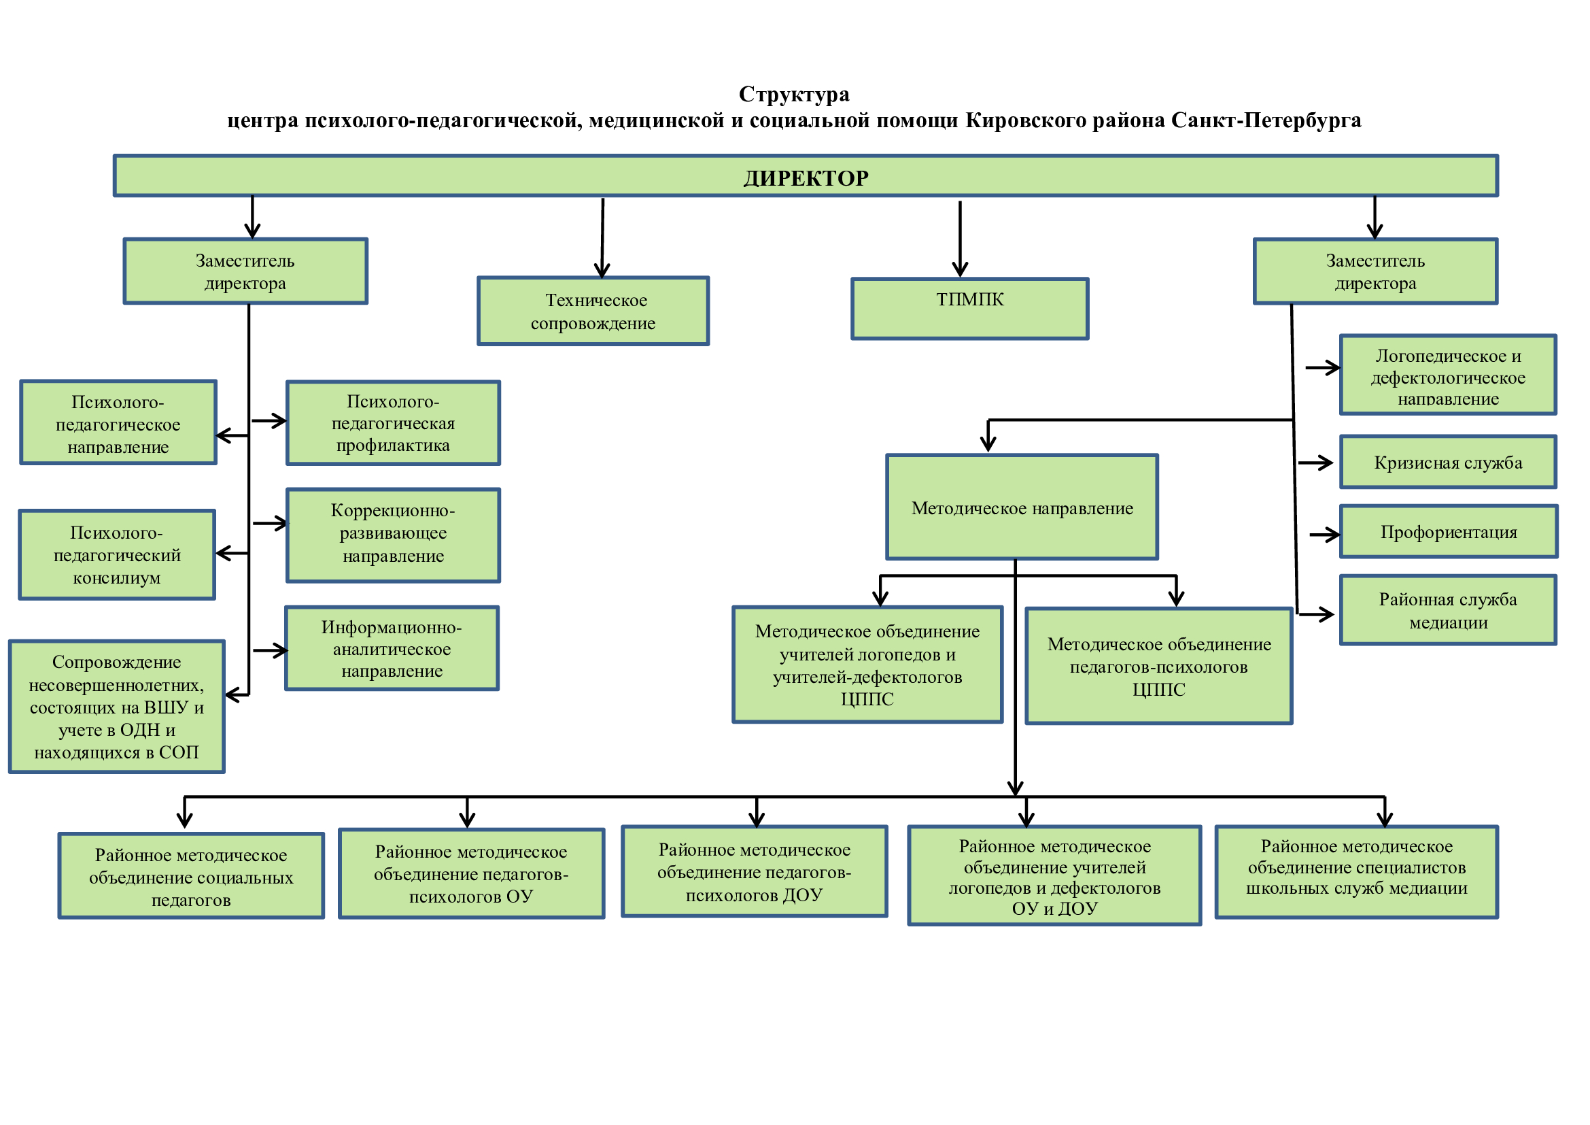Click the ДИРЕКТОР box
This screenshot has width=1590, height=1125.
[806, 176]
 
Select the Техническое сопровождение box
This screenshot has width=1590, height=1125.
[593, 311]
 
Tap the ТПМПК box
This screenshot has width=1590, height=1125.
[969, 308]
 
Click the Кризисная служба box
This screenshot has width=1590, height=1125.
[1448, 462]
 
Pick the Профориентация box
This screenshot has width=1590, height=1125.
[1449, 531]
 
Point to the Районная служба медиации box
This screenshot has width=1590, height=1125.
[1448, 609]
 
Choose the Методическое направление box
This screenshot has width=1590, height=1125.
[1022, 507]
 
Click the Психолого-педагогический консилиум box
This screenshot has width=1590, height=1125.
[117, 554]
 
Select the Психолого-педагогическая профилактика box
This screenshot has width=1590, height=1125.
[393, 422]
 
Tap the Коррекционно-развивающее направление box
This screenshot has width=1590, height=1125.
[393, 535]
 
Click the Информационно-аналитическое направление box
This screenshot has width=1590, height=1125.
[392, 648]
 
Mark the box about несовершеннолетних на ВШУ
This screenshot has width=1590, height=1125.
[116, 706]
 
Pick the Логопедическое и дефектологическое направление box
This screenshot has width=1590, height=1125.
[1448, 375]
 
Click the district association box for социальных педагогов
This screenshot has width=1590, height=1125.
[191, 875]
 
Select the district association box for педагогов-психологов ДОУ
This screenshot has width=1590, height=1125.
[754, 871]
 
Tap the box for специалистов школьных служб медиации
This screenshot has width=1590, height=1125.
[1357, 871]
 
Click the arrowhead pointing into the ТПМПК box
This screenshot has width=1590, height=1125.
[960, 270]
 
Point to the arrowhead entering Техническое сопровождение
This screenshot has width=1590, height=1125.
[602, 269]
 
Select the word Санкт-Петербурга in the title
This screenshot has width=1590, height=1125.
[1266, 120]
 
